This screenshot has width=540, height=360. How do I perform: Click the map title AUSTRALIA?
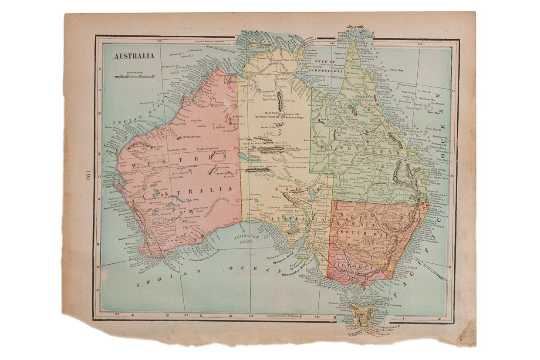click(134, 56)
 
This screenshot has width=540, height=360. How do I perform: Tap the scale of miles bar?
click(135, 77)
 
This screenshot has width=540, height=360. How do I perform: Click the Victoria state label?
click(353, 266)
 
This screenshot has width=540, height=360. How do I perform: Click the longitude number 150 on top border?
click(419, 44)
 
